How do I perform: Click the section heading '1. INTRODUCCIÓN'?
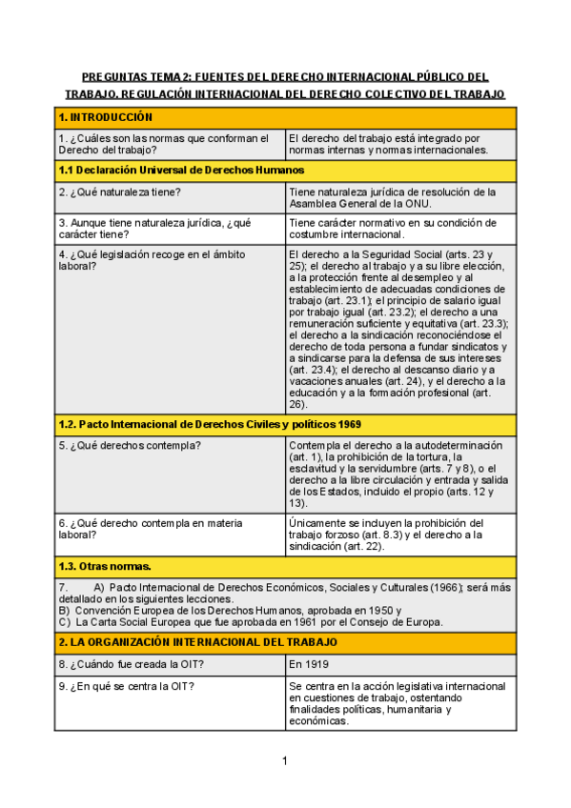[x=106, y=117]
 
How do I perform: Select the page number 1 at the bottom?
[x=284, y=760]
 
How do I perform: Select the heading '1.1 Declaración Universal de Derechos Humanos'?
[x=181, y=170]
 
